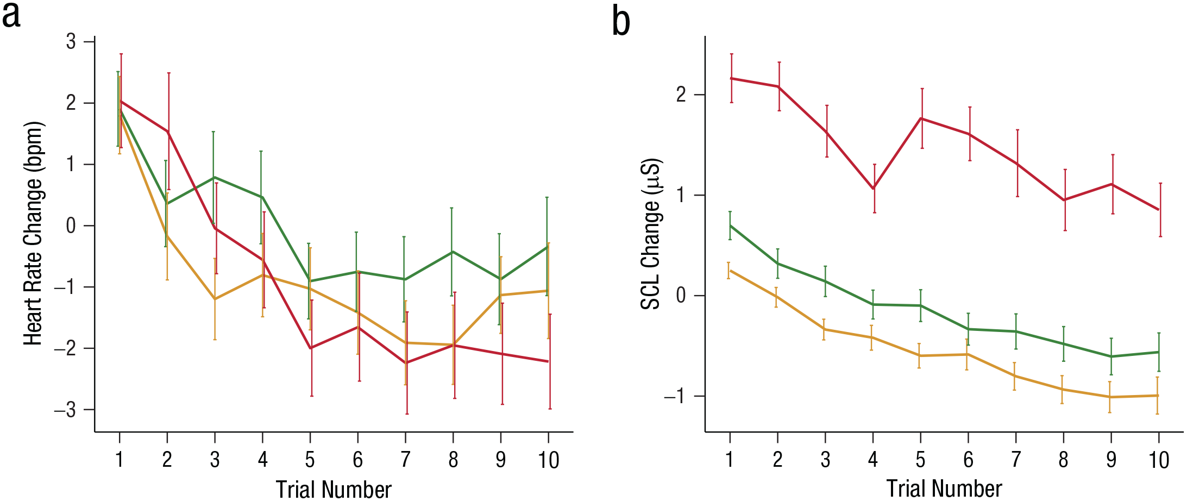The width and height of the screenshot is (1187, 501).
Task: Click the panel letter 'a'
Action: [11, 16]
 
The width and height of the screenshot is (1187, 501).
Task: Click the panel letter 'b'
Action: [621, 22]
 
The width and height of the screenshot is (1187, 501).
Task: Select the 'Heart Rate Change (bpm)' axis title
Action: [34, 233]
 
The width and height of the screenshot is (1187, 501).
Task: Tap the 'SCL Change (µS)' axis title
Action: [650, 234]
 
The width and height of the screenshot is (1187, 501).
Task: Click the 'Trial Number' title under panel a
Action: [334, 489]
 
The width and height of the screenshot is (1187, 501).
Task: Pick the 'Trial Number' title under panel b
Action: [944, 489]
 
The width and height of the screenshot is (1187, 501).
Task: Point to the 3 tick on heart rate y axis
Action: [71, 41]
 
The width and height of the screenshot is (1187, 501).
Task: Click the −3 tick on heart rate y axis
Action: [65, 410]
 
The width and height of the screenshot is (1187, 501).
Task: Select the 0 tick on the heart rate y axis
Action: [71, 226]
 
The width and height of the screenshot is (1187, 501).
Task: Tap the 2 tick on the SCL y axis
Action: [681, 95]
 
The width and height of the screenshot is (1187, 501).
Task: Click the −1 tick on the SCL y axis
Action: [675, 396]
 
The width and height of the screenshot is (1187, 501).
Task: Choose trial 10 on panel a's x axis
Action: [549, 460]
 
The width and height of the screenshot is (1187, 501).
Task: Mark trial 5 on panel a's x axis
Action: [310, 460]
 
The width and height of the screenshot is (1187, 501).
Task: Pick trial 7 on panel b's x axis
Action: [1015, 460]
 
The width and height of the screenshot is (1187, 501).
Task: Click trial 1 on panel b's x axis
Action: [730, 460]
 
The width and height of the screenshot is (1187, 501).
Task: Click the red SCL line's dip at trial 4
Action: [874, 189]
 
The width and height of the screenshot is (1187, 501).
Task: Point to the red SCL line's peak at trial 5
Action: [921, 118]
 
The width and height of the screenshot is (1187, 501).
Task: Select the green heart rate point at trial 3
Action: [214, 177]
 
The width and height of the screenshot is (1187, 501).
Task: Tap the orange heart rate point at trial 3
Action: [215, 299]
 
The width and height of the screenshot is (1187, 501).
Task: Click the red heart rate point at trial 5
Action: [311, 348]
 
